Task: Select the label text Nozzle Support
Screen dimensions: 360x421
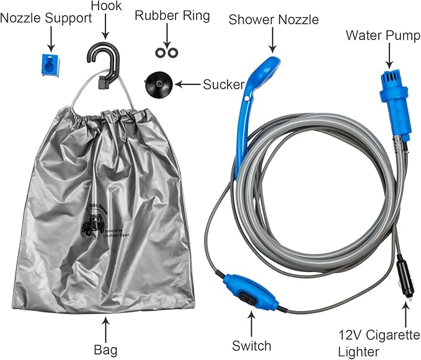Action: pos(47,18)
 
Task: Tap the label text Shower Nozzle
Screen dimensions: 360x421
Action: pos(273,19)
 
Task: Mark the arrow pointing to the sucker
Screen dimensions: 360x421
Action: pos(187,82)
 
